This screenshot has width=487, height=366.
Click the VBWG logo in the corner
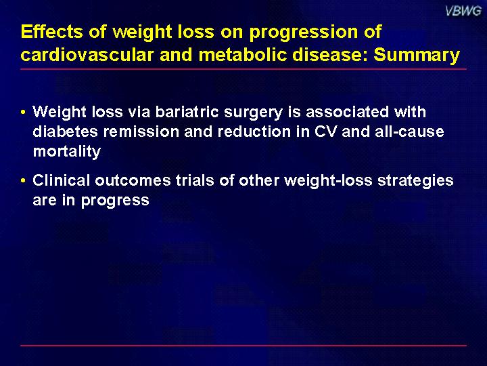click(x=463, y=12)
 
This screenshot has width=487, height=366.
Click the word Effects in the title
click(x=52, y=32)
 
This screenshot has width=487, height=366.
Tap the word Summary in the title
click(x=417, y=55)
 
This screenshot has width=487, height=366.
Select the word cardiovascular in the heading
click(x=87, y=55)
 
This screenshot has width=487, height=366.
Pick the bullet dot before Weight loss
click(x=23, y=112)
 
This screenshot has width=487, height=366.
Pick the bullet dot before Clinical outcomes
click(x=23, y=180)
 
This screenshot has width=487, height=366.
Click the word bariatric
click(x=187, y=112)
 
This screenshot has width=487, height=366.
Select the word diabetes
click(x=66, y=131)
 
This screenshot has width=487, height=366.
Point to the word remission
click(x=141, y=132)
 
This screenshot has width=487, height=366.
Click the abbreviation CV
click(x=325, y=132)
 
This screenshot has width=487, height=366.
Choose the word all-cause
click(x=409, y=131)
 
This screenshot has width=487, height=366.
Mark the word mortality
click(x=67, y=152)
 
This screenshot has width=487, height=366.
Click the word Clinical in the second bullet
click(x=61, y=180)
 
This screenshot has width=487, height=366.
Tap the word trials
click(x=195, y=180)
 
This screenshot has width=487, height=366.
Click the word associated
click(x=347, y=112)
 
